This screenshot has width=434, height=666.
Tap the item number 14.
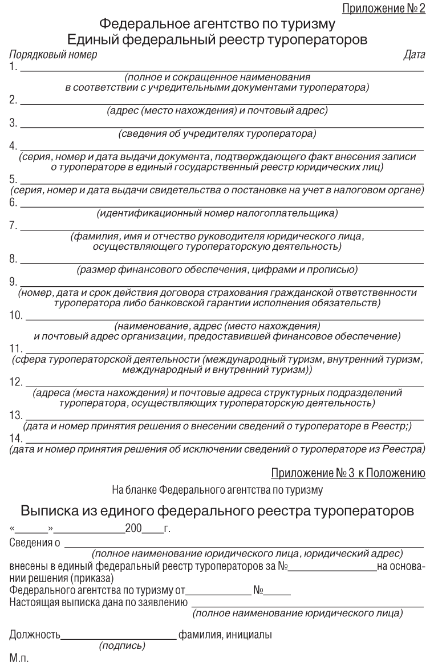click(17, 440)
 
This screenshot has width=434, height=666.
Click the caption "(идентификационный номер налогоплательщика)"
click(217, 214)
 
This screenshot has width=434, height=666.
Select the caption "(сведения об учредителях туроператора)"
click(217, 135)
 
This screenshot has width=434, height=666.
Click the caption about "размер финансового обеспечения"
click(217, 269)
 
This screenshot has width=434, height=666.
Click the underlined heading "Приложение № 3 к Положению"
click(348, 472)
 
